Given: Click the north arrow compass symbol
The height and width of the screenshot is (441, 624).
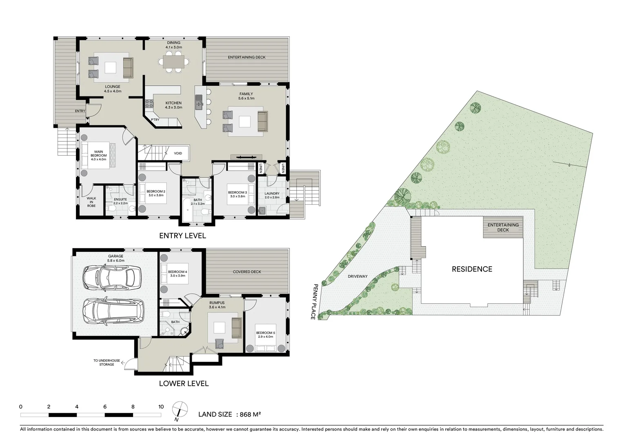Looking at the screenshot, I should [x=180, y=410].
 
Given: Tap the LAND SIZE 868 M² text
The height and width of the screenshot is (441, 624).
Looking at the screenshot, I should [x=229, y=414].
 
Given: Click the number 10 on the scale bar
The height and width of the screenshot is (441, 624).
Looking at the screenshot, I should [x=161, y=407].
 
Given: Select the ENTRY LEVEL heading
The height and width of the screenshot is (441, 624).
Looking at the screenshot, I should [x=182, y=236].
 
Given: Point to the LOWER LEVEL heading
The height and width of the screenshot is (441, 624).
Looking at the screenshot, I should [x=184, y=383].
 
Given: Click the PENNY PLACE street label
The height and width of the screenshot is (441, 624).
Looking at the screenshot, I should [x=314, y=302].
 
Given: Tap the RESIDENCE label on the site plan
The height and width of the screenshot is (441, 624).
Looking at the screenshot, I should [x=472, y=269].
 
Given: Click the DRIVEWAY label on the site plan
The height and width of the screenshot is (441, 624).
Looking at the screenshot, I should [x=358, y=276].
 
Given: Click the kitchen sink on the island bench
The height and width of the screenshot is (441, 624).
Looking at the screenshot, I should [x=199, y=102].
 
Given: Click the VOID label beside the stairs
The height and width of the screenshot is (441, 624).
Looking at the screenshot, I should [x=178, y=153].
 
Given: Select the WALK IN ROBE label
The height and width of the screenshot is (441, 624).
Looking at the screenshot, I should [x=91, y=202].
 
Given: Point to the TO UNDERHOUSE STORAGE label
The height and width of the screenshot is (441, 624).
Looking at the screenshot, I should [x=107, y=363].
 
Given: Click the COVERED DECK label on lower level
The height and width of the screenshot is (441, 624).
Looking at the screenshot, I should [x=247, y=272].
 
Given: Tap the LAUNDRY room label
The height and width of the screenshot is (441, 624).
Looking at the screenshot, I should [x=272, y=194].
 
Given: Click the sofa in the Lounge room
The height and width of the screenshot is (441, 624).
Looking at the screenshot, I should [x=128, y=68].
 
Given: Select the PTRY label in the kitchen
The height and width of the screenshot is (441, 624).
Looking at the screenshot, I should [x=155, y=120].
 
